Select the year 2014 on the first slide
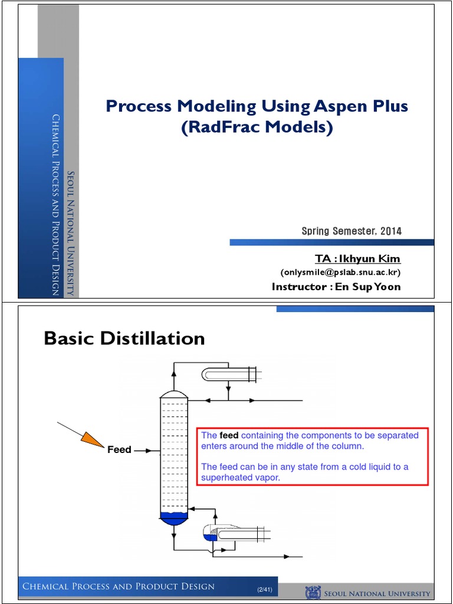(x=390, y=231)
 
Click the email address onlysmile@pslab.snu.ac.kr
(x=340, y=273)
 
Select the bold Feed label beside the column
(x=119, y=450)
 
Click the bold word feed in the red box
(x=228, y=435)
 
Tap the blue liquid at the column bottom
(x=174, y=518)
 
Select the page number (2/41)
(x=264, y=590)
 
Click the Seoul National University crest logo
(x=312, y=592)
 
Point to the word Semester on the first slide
(x=352, y=231)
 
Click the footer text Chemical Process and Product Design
(x=118, y=586)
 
